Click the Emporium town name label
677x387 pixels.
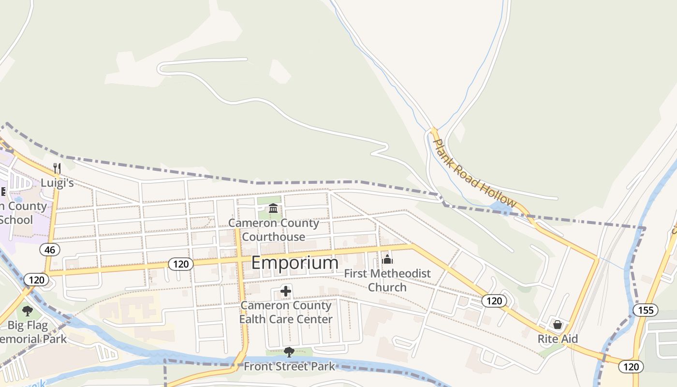(294, 263)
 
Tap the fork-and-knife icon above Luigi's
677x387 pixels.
(57, 168)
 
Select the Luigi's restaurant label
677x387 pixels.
(57, 183)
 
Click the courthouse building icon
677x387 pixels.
(273, 208)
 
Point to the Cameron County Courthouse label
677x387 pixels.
(274, 230)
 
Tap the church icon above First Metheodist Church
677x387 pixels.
(387, 259)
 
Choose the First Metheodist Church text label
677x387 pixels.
(387, 280)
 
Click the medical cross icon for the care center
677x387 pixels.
(286, 291)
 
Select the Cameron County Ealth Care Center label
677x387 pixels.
(286, 312)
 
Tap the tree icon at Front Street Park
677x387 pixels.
(289, 352)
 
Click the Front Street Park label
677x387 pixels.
(289, 366)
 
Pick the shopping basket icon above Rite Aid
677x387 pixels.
(558, 325)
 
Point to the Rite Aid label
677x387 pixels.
(558, 339)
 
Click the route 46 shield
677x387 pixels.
(51, 250)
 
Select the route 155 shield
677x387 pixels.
(646, 310)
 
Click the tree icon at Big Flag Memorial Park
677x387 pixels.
(28, 311)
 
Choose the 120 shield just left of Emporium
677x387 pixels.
(181, 264)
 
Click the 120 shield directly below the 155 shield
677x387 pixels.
(631, 367)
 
